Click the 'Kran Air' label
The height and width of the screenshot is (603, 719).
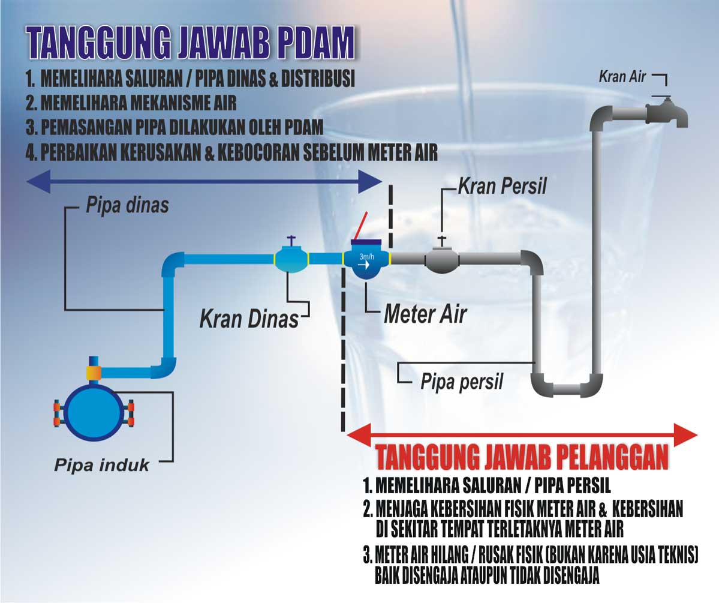click(622, 77)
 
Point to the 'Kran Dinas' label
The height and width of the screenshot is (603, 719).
click(248, 318)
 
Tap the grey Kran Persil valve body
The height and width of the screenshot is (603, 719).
click(442, 259)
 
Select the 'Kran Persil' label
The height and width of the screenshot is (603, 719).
click(503, 186)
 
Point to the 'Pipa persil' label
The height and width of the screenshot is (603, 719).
click(461, 381)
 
